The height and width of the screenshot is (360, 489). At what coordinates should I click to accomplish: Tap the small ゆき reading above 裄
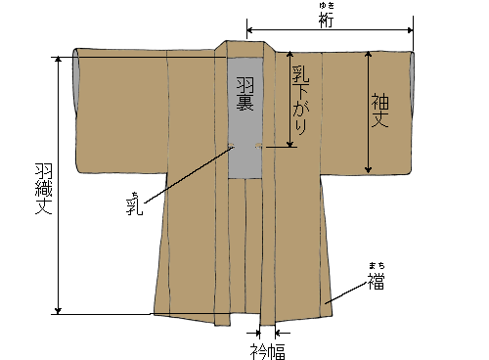(329, 8)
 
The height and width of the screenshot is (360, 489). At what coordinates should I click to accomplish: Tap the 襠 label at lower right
(377, 281)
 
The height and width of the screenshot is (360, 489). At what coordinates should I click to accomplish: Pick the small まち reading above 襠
(377, 265)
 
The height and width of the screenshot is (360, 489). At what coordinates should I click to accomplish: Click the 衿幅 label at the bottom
(266, 349)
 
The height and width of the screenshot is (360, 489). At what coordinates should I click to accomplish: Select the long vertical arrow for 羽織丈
(58, 186)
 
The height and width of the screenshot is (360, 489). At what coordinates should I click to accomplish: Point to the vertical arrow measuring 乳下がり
(289, 98)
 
